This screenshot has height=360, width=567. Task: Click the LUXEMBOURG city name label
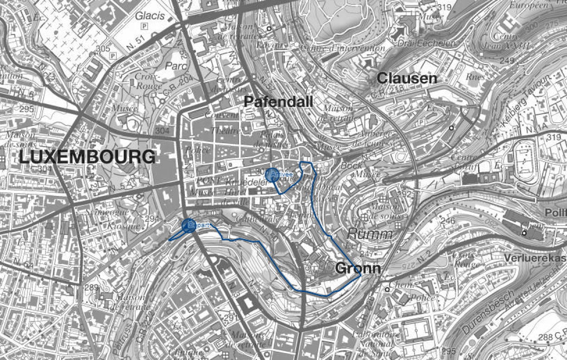(87, 158)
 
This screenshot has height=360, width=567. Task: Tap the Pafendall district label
(278, 101)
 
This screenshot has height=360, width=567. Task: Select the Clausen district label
(407, 78)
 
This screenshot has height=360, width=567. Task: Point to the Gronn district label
(358, 268)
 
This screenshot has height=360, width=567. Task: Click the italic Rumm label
(370, 234)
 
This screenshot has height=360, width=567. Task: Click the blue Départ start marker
(189, 225)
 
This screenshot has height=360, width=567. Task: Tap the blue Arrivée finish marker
(271, 174)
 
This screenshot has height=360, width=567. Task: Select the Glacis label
(150, 15)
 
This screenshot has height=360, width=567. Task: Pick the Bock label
(351, 165)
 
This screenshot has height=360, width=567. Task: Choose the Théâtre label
(225, 131)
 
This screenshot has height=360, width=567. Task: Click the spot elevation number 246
(447, 221)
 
